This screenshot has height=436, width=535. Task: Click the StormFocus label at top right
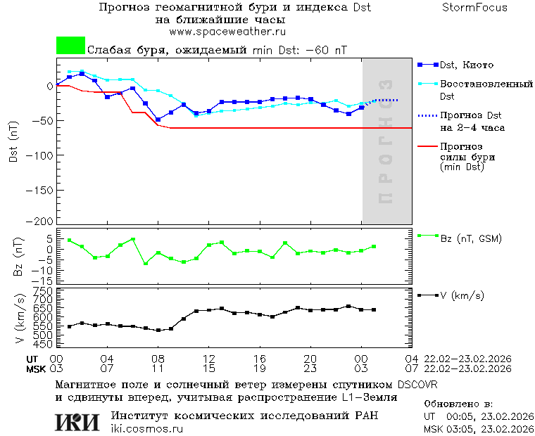[x=474, y=8]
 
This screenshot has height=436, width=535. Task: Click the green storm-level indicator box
[x=70, y=46]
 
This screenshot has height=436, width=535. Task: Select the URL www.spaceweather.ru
[x=227, y=32]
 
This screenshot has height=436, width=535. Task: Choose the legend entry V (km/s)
[x=462, y=295]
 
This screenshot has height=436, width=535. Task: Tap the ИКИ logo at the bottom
[x=78, y=422]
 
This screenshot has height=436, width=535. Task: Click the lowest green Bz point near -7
[x=146, y=264]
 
